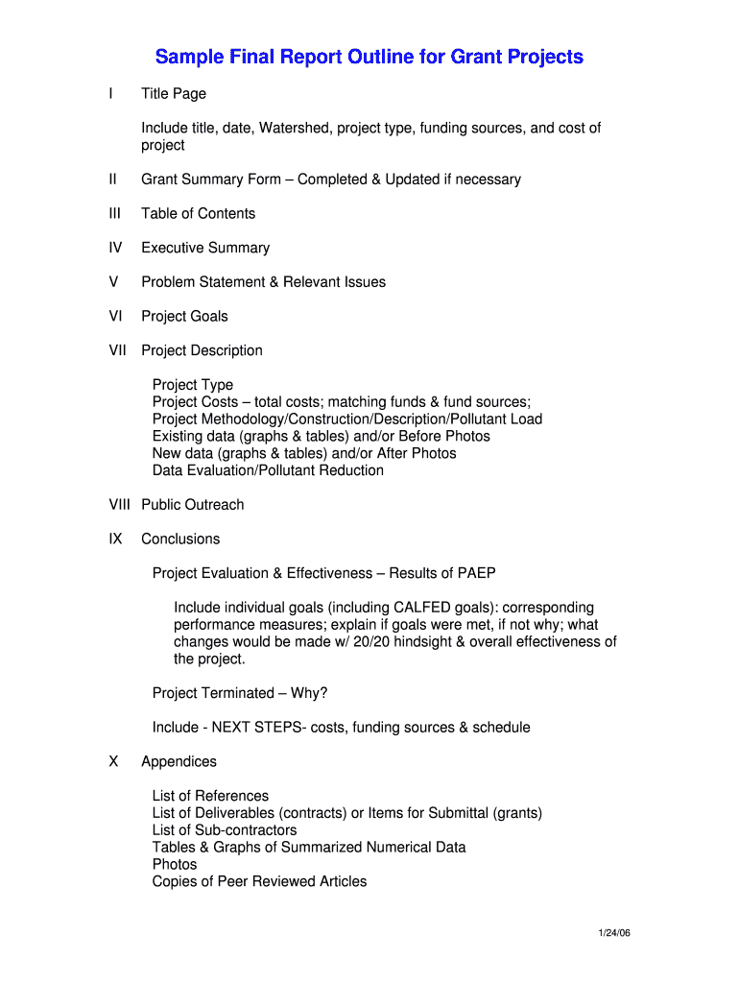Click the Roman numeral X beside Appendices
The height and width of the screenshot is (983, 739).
114,762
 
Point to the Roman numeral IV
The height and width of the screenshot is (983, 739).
116,248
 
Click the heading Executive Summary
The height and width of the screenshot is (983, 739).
205,248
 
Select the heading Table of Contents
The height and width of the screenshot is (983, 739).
199,213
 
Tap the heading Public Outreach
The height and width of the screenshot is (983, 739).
193,505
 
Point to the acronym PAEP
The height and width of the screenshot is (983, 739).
478,573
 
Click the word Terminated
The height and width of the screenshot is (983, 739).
237,693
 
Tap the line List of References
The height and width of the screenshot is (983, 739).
210,796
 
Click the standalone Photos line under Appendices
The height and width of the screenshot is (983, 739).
175,864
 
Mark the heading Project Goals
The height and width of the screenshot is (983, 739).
184,316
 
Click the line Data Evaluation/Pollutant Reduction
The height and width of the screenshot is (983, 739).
268,470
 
